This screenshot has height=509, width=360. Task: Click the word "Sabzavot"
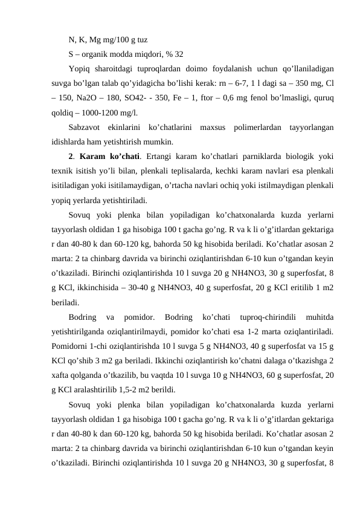point(85,128)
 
